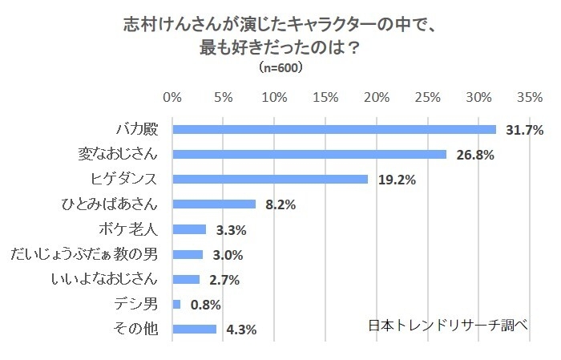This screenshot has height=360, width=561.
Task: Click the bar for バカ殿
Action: point(334,130)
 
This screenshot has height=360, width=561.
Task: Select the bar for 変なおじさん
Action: point(309,155)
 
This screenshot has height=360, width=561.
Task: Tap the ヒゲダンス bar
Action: point(270,180)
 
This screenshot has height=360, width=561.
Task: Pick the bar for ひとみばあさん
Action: point(214,204)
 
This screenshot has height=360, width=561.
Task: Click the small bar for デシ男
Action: point(176,304)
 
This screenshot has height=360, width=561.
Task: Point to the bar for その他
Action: point(194,329)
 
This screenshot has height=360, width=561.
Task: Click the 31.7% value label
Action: point(525,130)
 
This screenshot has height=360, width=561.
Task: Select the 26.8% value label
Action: point(474,155)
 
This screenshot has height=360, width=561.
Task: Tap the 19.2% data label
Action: point(396,180)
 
